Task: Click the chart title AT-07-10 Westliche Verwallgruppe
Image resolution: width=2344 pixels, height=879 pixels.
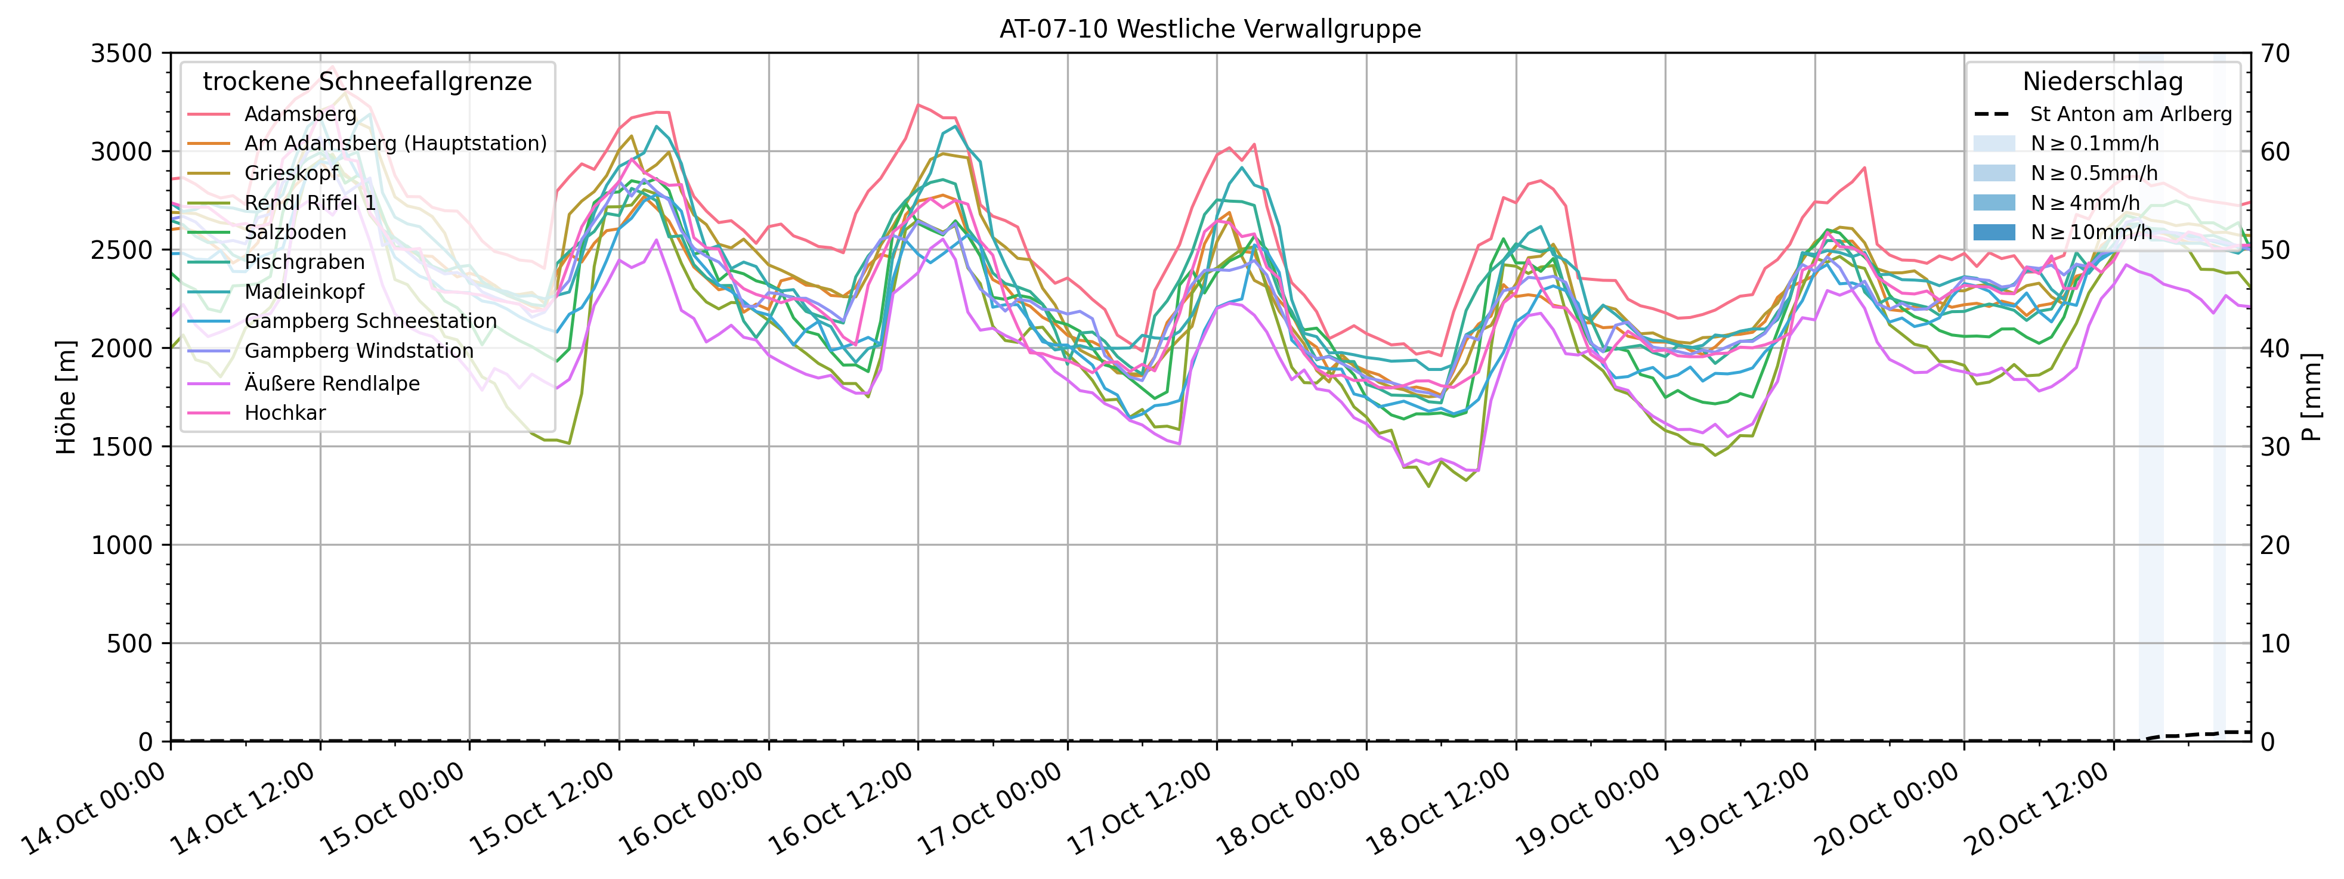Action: (x=1210, y=29)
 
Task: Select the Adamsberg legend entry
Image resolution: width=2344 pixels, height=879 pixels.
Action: (x=299, y=114)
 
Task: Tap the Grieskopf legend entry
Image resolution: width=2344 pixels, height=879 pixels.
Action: (x=290, y=173)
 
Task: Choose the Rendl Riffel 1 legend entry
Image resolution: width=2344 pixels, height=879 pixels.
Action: (x=310, y=203)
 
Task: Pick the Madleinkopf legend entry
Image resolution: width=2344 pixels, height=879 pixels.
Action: (x=304, y=292)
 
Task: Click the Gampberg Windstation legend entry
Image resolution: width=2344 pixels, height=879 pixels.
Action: (x=358, y=351)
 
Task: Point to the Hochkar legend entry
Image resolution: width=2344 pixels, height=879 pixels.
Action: (x=285, y=413)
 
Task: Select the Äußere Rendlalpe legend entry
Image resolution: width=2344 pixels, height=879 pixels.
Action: (x=332, y=383)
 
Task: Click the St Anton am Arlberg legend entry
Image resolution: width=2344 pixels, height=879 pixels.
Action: (x=2130, y=114)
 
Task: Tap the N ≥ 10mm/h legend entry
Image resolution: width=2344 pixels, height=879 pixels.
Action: (x=2091, y=232)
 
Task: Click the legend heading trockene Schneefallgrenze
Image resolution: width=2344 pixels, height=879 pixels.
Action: (x=367, y=82)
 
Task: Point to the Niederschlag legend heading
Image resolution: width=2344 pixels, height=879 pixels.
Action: (x=2102, y=82)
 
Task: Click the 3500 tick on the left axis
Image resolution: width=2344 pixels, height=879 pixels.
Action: (x=121, y=54)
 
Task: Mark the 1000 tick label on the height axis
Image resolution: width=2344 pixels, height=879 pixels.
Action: (x=121, y=545)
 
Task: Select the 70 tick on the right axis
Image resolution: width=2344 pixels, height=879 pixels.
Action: (x=2275, y=54)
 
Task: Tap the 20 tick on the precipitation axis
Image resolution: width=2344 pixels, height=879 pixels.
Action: (x=2275, y=545)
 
